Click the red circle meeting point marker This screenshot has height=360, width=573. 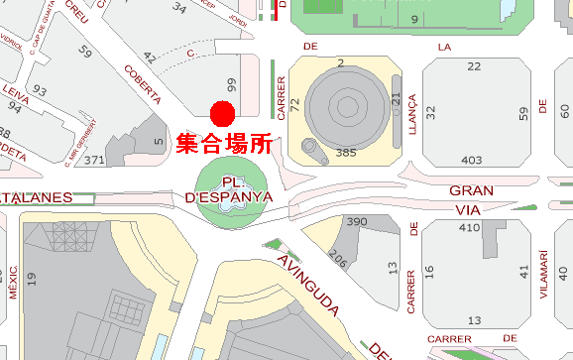pyautogui.click(x=222, y=112)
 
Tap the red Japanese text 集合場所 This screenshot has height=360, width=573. pyautogui.click(x=224, y=144)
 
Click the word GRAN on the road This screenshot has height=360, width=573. pyautogui.click(x=471, y=189)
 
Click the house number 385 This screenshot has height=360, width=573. pyautogui.click(x=346, y=153)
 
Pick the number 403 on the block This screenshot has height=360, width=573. pyautogui.click(x=472, y=160)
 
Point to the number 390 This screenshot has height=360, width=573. pyautogui.click(x=357, y=221)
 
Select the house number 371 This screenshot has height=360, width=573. pyautogui.click(x=95, y=160)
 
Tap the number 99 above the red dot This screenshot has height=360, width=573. pyautogui.click(x=232, y=84)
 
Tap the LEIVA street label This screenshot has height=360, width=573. pyautogui.click(x=16, y=96)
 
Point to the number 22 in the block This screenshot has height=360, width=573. pyautogui.click(x=474, y=66)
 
